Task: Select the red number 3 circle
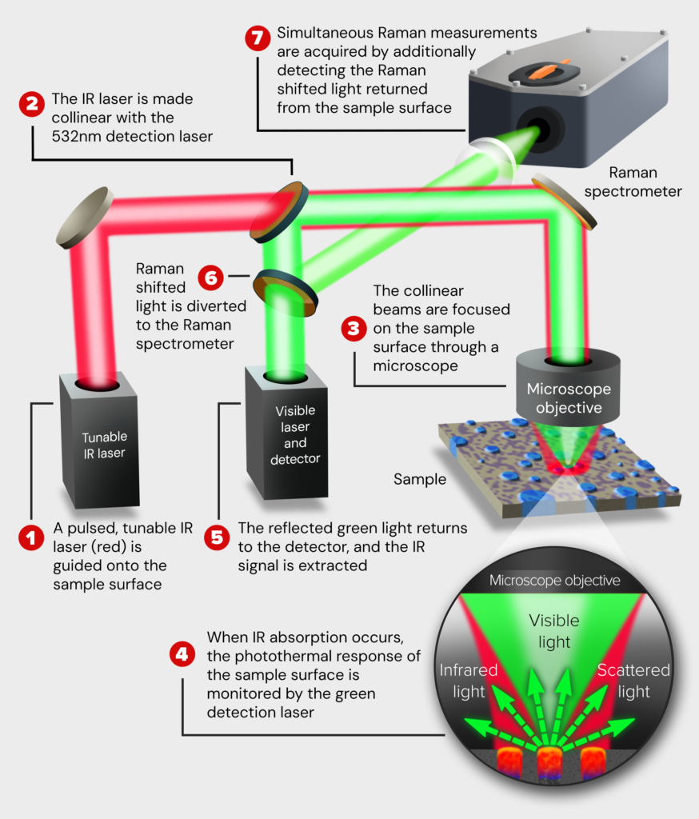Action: [352, 328]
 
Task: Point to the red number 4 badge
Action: [183, 654]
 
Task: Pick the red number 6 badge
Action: [211, 277]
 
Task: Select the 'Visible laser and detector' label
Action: [295, 434]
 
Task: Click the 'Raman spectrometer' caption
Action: [645, 182]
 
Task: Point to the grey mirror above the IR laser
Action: [84, 218]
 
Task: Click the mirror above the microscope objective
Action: [564, 201]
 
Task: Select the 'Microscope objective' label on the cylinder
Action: [569, 398]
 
